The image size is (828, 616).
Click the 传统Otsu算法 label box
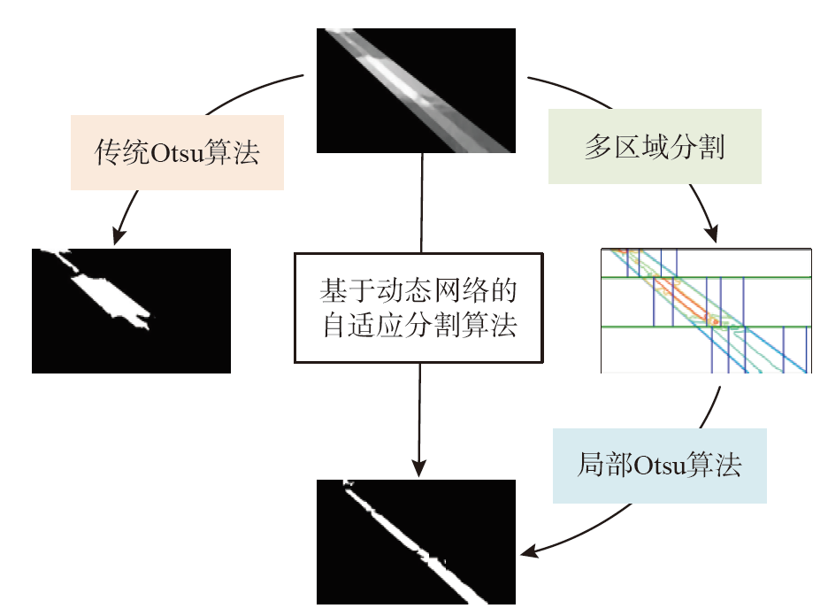(x=177, y=152)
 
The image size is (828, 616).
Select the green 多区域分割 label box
(x=655, y=147)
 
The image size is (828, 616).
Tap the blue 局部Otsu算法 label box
(x=660, y=466)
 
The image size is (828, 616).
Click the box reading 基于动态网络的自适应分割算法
(x=419, y=307)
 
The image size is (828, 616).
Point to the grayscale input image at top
(x=416, y=89)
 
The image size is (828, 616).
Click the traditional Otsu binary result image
(x=131, y=311)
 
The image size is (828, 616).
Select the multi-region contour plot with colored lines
(x=706, y=310)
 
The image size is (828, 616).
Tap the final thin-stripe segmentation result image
(x=416, y=542)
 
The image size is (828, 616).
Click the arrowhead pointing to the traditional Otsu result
(x=119, y=236)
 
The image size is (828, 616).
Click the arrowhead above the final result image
(x=419, y=468)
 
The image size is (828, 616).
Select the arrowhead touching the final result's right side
(x=527, y=552)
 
